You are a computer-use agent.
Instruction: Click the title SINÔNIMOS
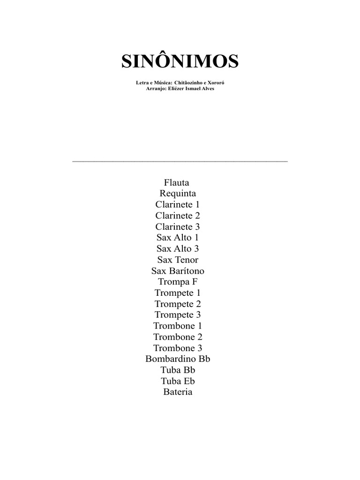(180, 61)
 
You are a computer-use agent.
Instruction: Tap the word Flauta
(177, 182)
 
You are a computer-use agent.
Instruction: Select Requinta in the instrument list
(178, 194)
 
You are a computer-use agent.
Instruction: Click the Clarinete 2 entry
(178, 216)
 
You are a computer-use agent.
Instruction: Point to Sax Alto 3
(178, 248)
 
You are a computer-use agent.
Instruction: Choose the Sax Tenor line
(178, 260)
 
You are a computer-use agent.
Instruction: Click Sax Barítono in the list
(178, 271)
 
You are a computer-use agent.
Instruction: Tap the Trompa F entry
(178, 282)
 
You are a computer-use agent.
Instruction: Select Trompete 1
(178, 293)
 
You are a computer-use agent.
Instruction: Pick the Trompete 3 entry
(178, 315)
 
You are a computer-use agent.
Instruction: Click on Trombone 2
(178, 337)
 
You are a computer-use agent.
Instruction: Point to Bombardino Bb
(178, 359)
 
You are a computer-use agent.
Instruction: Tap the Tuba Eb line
(178, 381)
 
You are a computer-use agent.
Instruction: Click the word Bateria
(178, 392)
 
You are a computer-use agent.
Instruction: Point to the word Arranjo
(156, 88)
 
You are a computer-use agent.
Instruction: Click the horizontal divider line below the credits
(180, 161)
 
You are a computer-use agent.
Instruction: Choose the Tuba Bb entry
(178, 370)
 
